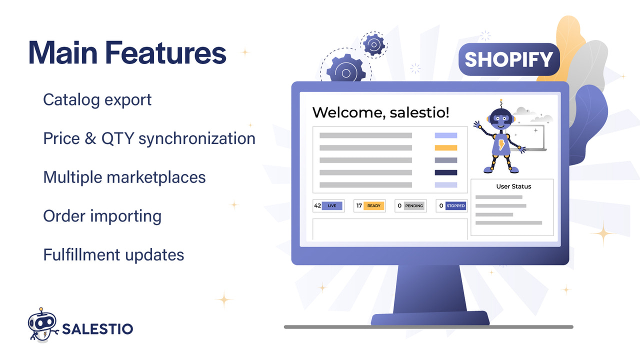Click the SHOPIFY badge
point(508,59)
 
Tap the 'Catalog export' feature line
point(97,99)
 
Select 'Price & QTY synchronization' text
point(149,138)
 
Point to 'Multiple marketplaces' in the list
point(124,177)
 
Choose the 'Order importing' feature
point(102,216)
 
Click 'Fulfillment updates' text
point(113,254)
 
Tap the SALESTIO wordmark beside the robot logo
point(97,328)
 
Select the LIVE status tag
point(332,205)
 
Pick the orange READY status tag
point(374,205)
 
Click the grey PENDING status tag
point(414,205)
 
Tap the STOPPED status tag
point(455,205)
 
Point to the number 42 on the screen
point(317,205)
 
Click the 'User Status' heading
point(513,186)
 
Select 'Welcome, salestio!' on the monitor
point(380,112)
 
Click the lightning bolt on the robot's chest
point(501,145)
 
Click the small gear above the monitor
point(373,45)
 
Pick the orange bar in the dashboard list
point(446,147)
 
